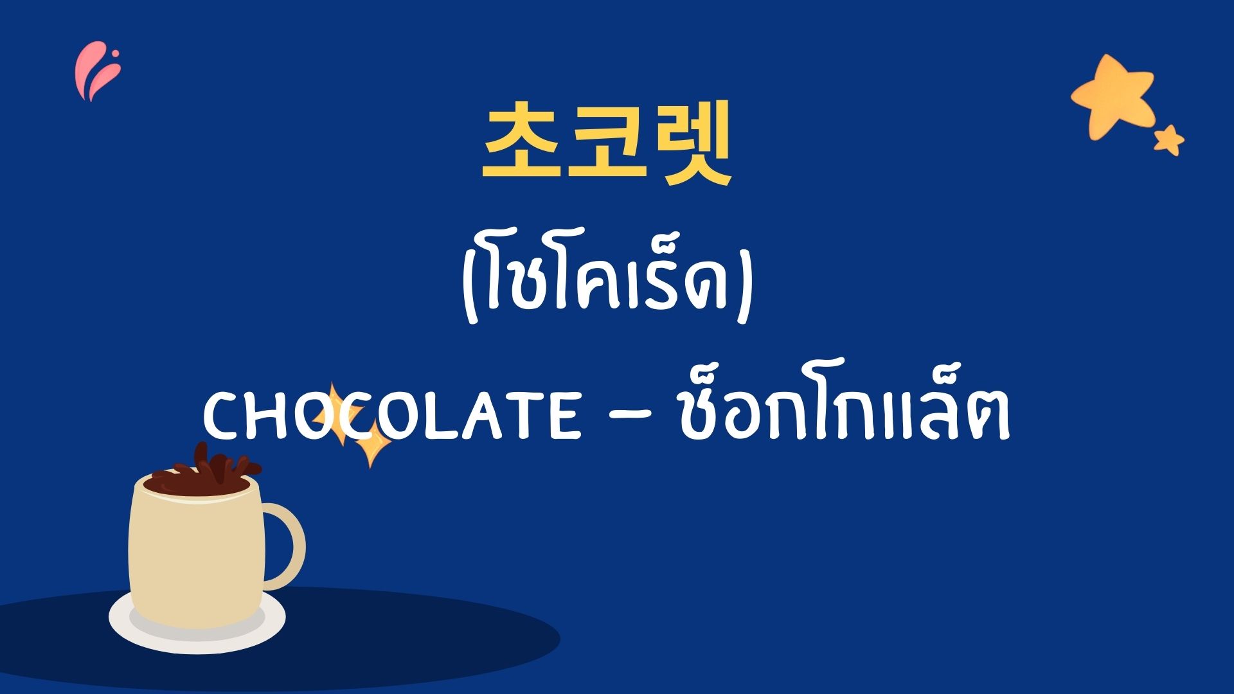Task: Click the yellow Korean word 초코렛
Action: [607, 142]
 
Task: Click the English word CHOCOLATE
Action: [391, 418]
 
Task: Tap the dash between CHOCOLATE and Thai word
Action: [629, 419]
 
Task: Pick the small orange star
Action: [1169, 140]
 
